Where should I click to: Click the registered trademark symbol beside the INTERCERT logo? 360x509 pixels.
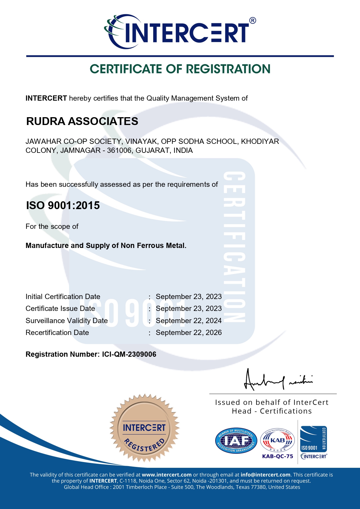click(252, 21)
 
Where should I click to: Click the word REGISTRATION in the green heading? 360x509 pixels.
click(228, 69)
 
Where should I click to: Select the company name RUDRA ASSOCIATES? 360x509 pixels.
click(82, 121)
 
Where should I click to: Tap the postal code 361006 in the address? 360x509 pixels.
click(119, 151)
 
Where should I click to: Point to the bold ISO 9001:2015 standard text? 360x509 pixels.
click(63, 205)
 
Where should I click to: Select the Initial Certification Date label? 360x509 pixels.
click(63, 297)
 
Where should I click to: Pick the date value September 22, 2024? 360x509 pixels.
click(189, 321)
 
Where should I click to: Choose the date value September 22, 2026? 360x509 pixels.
click(189, 333)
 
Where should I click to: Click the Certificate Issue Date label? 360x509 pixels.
click(60, 309)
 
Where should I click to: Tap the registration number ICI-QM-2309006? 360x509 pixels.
click(129, 354)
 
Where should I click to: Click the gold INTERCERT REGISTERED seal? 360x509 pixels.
click(144, 428)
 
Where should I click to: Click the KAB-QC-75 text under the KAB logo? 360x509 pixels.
click(278, 456)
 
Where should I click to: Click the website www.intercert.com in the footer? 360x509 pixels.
click(167, 475)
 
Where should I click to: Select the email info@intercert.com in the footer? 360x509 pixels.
click(265, 475)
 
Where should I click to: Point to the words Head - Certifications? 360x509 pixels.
click(272, 411)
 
